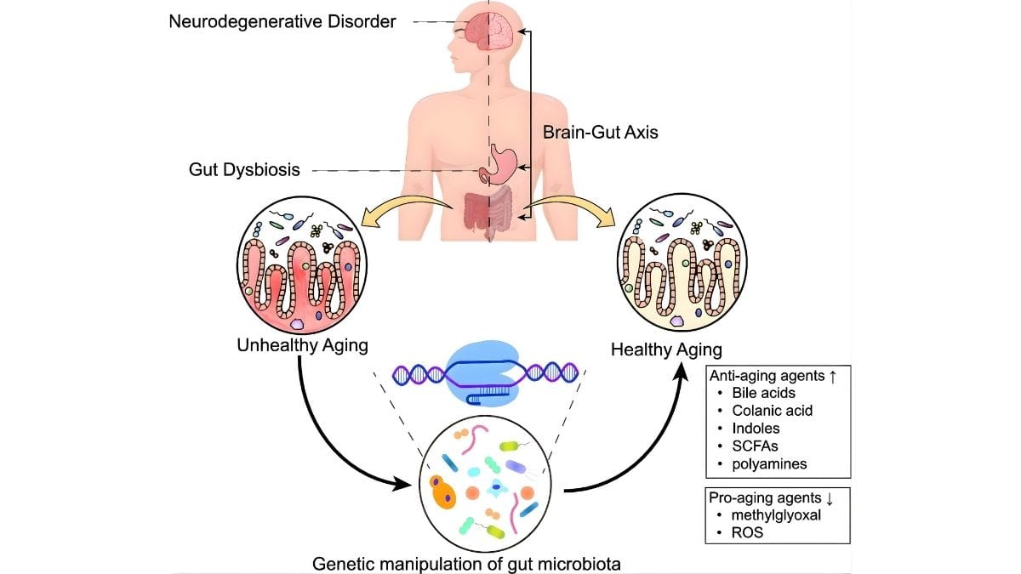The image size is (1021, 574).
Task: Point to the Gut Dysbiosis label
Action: click(244, 169)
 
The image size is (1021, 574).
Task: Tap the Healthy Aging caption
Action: click(666, 349)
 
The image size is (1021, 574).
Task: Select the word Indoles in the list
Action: click(756, 428)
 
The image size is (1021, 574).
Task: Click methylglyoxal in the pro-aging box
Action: click(773, 514)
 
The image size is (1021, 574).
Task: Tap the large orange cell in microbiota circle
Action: click(443, 492)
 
